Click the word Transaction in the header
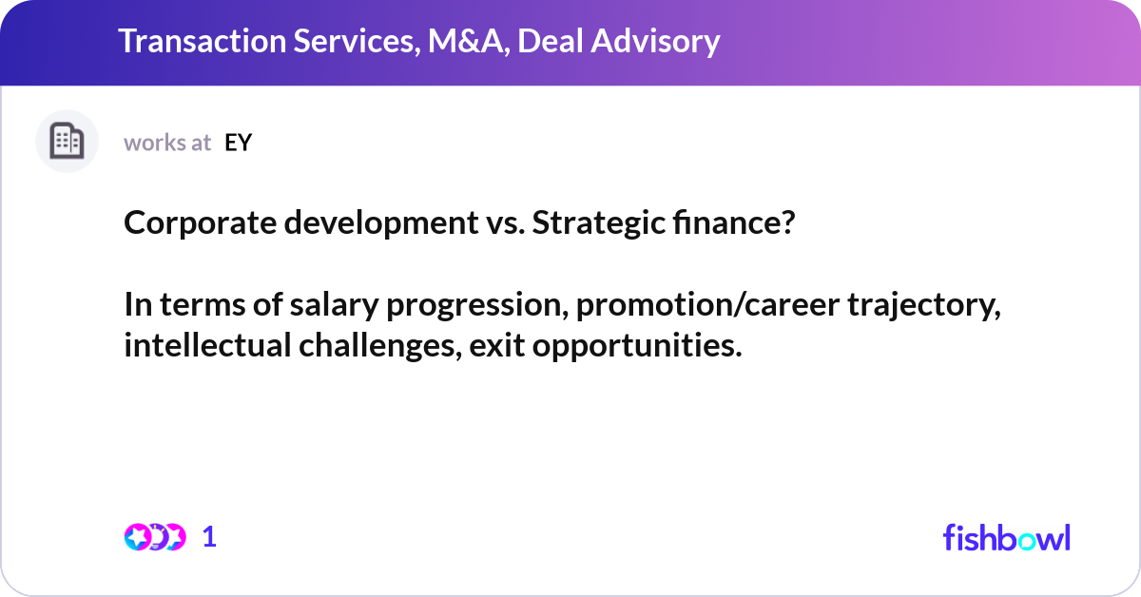pyautogui.click(x=203, y=41)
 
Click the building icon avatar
pyautogui.click(x=67, y=141)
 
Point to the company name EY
pyautogui.click(x=238, y=143)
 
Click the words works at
pyautogui.click(x=167, y=143)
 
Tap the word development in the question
pyautogui.click(x=381, y=222)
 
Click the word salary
pyautogui.click(x=334, y=305)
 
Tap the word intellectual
pyautogui.click(x=208, y=345)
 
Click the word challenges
pyautogui.click(x=380, y=346)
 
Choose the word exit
pyautogui.click(x=496, y=345)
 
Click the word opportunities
pyautogui.click(x=637, y=346)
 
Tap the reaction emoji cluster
pyautogui.click(x=155, y=537)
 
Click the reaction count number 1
pyautogui.click(x=209, y=537)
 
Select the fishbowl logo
pyautogui.click(x=1007, y=538)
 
